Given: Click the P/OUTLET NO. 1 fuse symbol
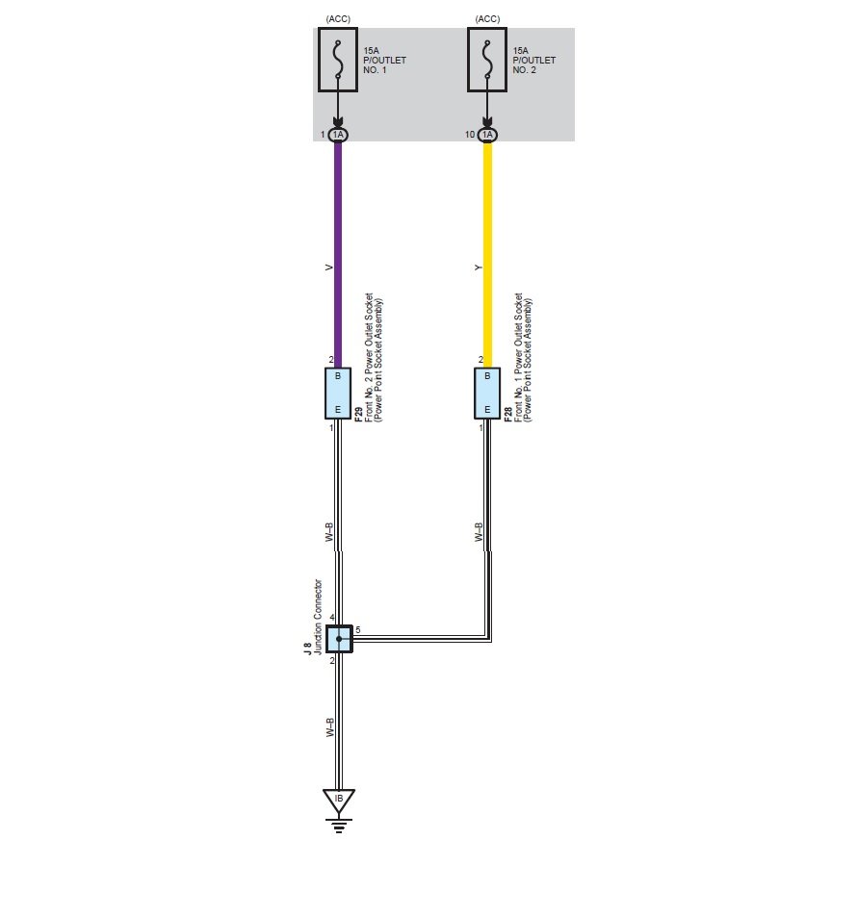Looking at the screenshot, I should [x=337, y=60].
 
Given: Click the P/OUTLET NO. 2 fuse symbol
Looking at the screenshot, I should [x=487, y=60].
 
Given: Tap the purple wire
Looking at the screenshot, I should [x=337, y=250].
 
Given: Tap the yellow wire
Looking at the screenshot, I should [x=487, y=250].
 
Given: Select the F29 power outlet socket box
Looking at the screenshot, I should [x=337, y=393].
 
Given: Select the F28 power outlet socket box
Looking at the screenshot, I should [x=487, y=393].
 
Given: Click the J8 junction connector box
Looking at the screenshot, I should [x=338, y=638].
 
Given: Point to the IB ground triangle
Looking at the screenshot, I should [x=338, y=800].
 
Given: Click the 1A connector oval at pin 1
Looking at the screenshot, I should [x=337, y=135].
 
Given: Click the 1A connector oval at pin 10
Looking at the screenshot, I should [x=487, y=135].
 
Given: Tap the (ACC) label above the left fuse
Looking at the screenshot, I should [x=338, y=19].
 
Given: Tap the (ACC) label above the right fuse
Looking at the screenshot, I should [x=487, y=19].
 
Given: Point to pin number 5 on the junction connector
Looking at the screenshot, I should [x=358, y=630].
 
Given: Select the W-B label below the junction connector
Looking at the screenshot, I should [x=328, y=727].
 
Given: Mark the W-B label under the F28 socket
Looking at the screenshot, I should [x=479, y=533].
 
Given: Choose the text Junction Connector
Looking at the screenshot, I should [x=319, y=617].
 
